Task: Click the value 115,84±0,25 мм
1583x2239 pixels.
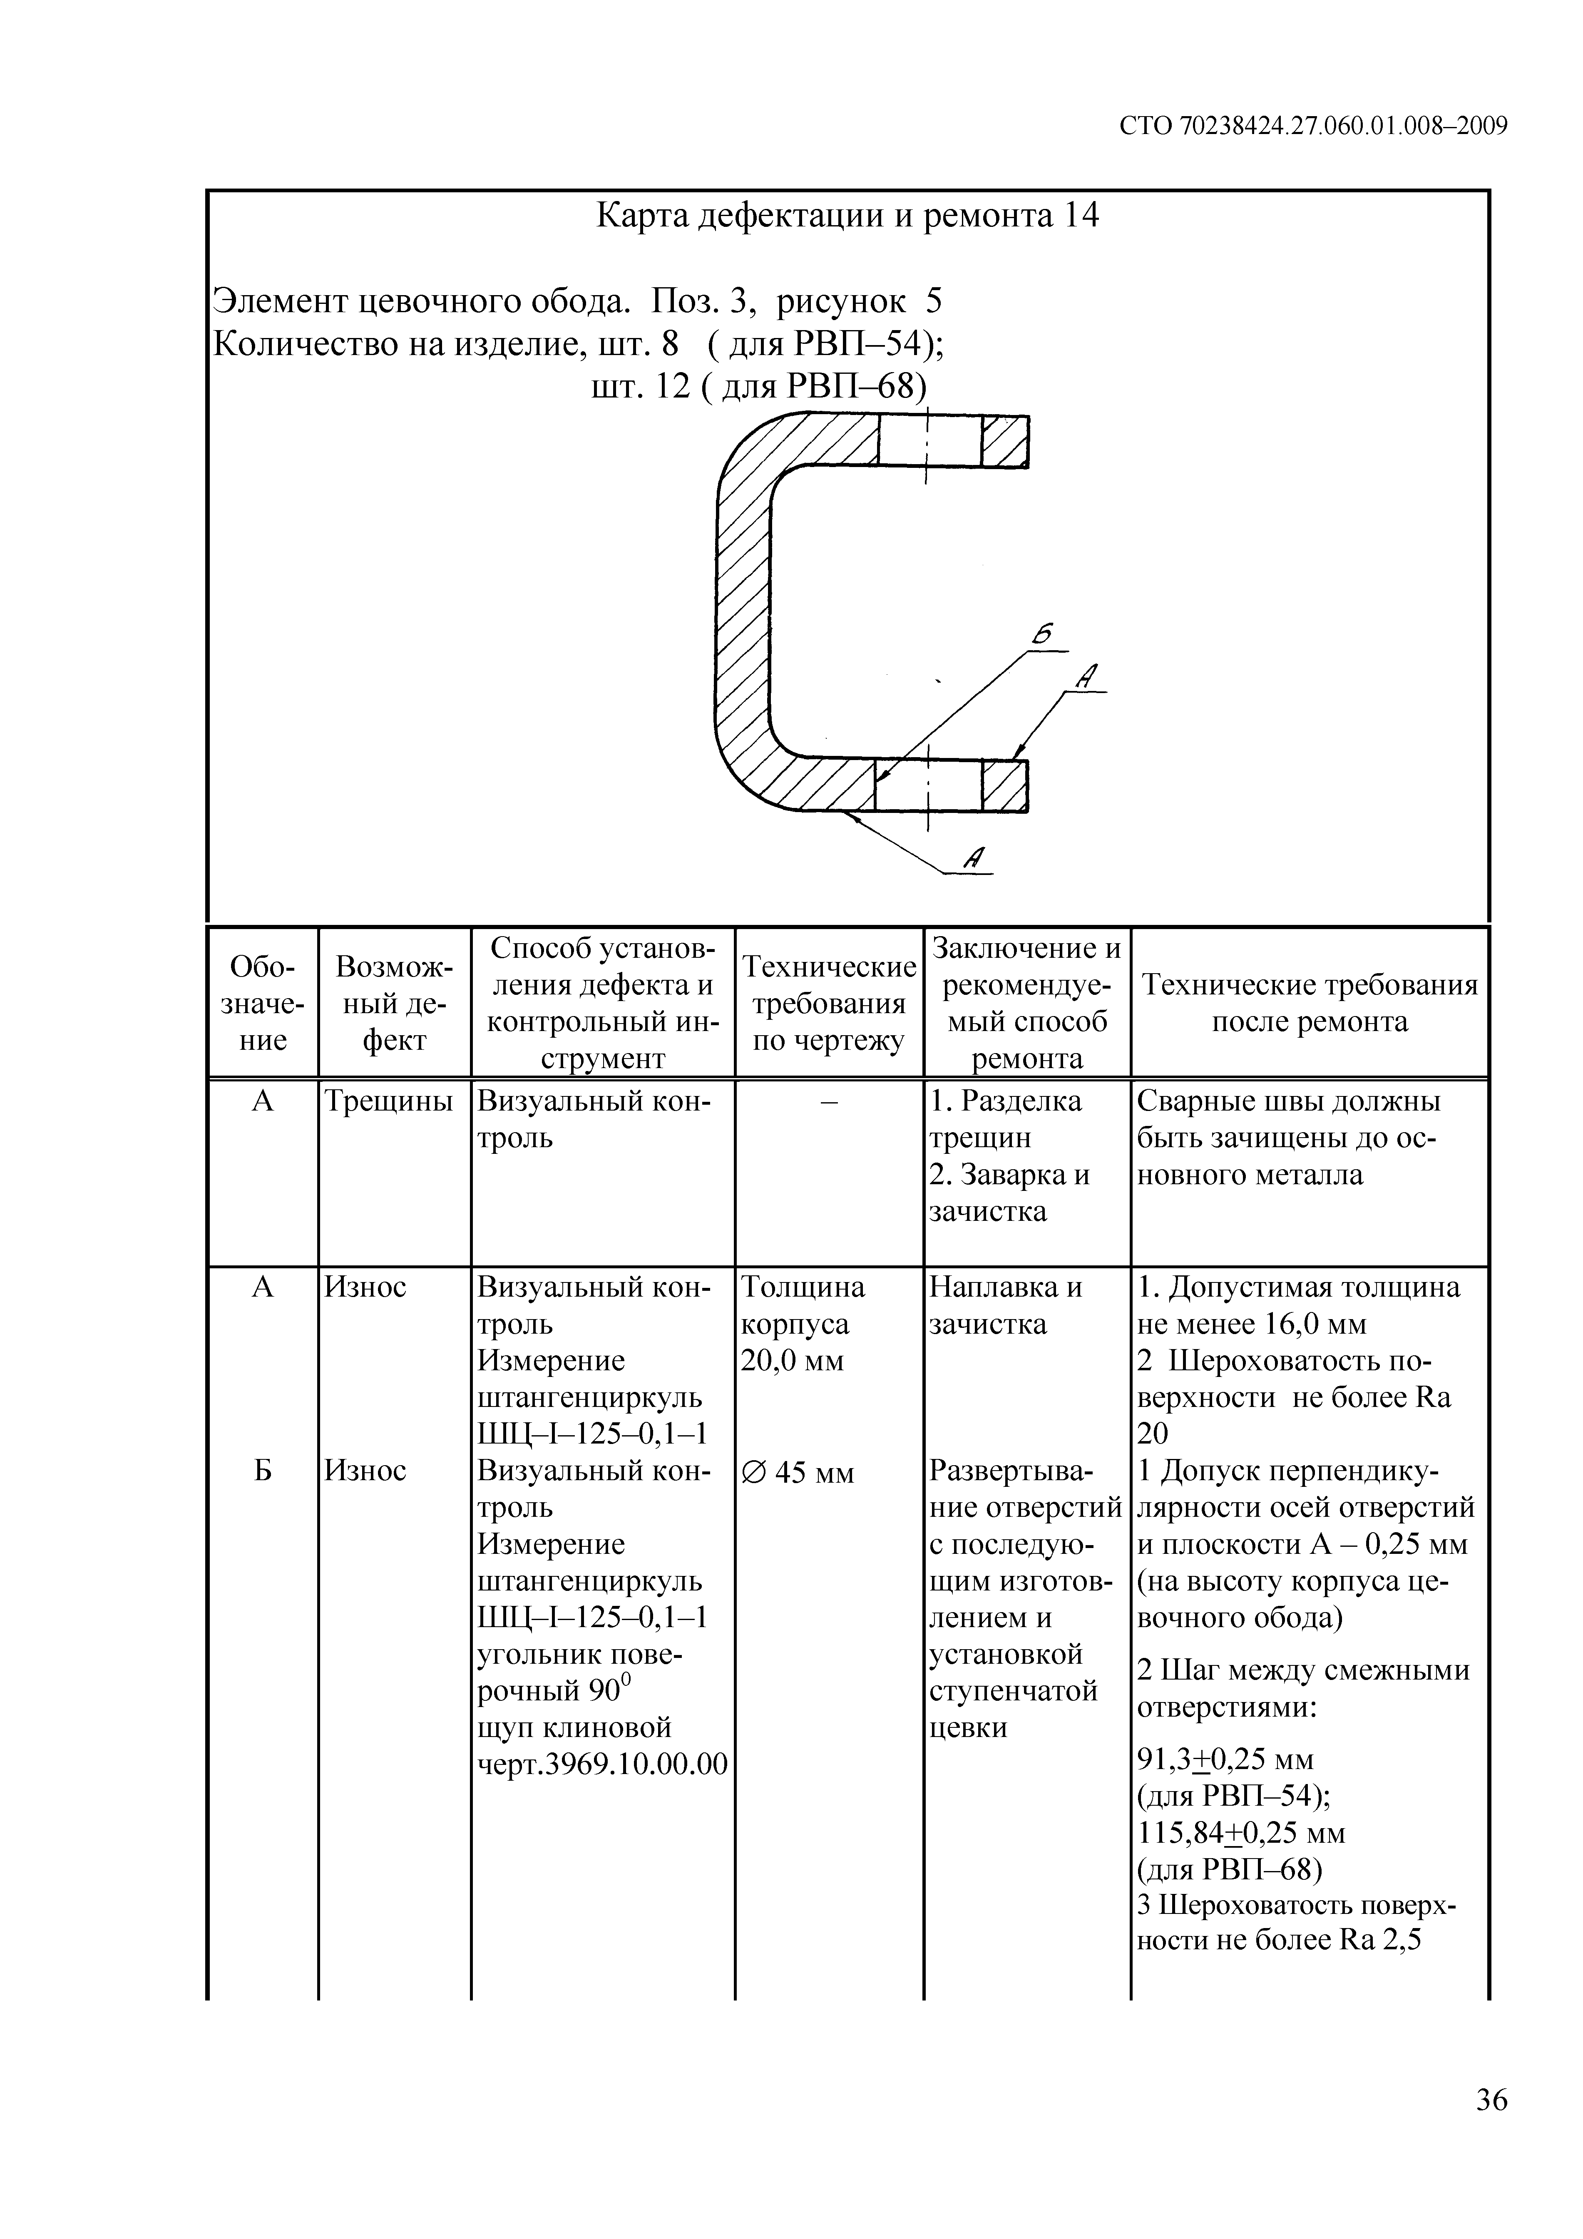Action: coord(1241,1833)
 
